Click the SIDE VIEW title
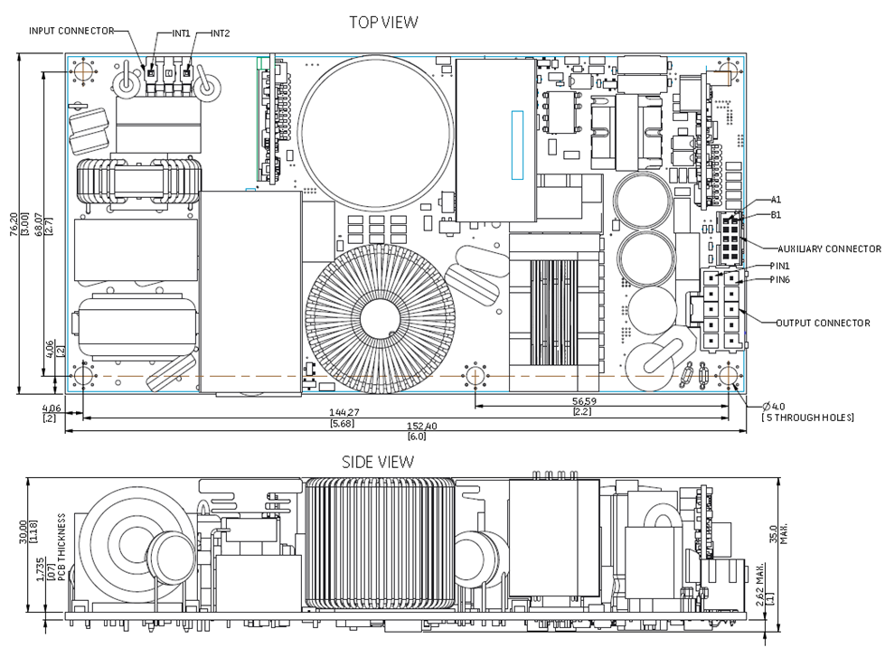378,462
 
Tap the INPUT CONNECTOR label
71,31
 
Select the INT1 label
181,33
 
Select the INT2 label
221,33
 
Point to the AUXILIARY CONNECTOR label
828,249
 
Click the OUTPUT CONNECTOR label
823,323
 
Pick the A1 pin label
776,200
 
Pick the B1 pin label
776,215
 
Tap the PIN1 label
779,266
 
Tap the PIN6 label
779,279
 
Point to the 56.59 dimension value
608,399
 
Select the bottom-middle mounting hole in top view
475,375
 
